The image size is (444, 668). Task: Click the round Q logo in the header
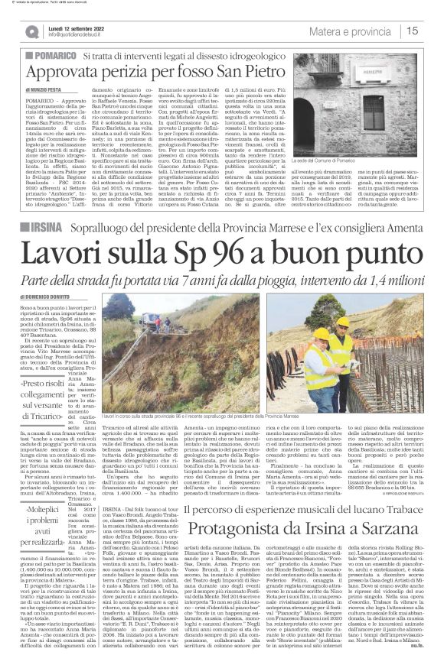pyautogui.click(x=31, y=32)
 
